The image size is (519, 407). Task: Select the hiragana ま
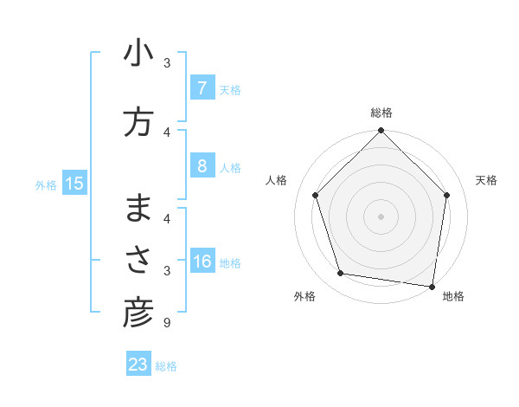tap(138, 209)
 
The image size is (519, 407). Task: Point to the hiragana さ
tap(138, 261)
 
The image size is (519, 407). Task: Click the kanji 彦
tap(138, 314)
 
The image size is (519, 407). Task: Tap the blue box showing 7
tap(202, 87)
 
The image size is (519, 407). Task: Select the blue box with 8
tap(202, 166)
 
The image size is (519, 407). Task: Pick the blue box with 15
tap(74, 184)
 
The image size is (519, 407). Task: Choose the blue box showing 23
tap(138, 365)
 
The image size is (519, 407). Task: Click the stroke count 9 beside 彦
tap(166, 324)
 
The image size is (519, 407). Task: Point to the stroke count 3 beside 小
tap(166, 63)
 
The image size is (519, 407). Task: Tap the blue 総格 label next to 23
tap(166, 366)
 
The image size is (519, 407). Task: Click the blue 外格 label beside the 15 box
tap(46, 184)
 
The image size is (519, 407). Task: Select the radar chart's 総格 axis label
tap(381, 113)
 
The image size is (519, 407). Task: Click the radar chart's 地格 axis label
tap(453, 297)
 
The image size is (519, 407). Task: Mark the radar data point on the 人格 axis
tap(315, 195)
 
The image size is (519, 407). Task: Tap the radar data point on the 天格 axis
tap(447, 195)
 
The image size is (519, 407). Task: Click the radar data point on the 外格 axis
tap(341, 274)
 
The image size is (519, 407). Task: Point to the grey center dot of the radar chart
tap(381, 216)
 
